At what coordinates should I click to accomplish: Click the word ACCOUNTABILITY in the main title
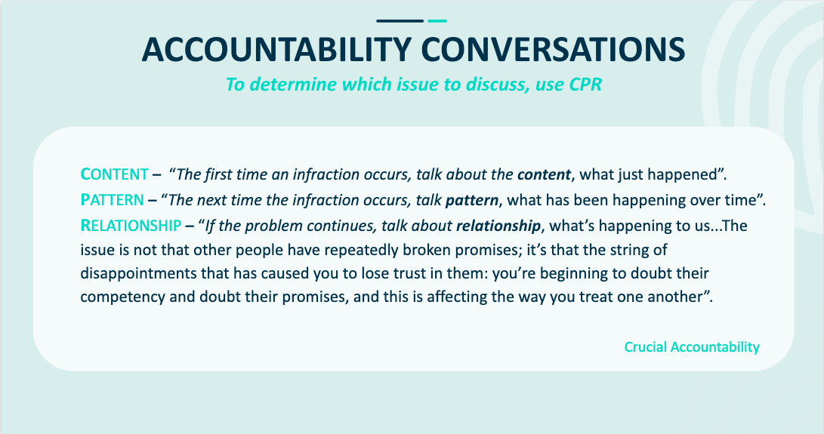coord(276,50)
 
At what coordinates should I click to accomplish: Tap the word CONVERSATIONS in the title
coord(553,50)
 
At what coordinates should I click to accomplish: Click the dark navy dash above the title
coord(400,21)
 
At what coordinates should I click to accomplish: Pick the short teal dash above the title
coord(437,21)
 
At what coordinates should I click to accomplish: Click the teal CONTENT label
coord(115,174)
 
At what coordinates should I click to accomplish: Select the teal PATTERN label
coord(112,200)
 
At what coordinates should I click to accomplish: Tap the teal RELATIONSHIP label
coord(131,226)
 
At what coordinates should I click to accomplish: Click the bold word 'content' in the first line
coord(544,174)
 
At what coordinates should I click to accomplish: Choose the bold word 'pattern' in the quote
coord(472,200)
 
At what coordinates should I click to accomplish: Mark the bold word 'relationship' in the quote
coord(498,226)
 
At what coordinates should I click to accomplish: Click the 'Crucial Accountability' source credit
coord(692,346)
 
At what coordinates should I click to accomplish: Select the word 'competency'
coord(122,297)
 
